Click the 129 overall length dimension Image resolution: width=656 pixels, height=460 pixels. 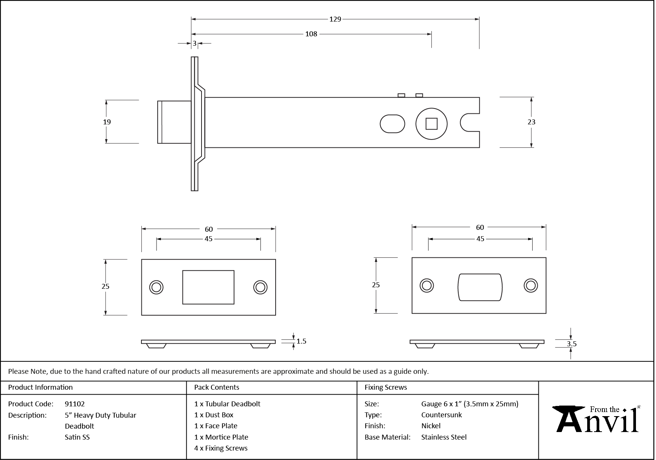tap(335, 19)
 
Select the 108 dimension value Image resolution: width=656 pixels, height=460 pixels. tap(311, 34)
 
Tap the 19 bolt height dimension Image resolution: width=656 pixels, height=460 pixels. tap(107, 122)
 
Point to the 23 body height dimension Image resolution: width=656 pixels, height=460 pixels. tap(531, 122)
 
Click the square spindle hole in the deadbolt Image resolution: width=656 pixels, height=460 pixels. tap(431, 124)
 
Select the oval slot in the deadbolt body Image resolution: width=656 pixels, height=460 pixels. tap(392, 124)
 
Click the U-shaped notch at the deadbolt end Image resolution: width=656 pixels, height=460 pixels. tap(469, 122)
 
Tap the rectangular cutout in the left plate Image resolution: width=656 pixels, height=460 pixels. tap(208, 287)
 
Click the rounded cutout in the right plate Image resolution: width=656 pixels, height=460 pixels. tap(480, 287)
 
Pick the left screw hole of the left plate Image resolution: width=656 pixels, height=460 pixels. tap(156, 287)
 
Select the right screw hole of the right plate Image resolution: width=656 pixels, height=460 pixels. tap(530, 285)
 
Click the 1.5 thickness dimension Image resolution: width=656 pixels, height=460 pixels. tap(301, 341)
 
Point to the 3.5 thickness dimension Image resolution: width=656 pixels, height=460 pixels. tap(571, 344)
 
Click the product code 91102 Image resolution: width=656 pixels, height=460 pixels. tap(75, 404)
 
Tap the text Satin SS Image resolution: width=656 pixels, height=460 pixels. tap(77, 437)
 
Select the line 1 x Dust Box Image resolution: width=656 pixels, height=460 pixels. tap(214, 415)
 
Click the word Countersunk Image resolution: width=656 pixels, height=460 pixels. tap(441, 415)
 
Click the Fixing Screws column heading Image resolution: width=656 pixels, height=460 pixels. tap(385, 387)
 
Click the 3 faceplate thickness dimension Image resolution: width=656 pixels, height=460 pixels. tap(195, 43)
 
